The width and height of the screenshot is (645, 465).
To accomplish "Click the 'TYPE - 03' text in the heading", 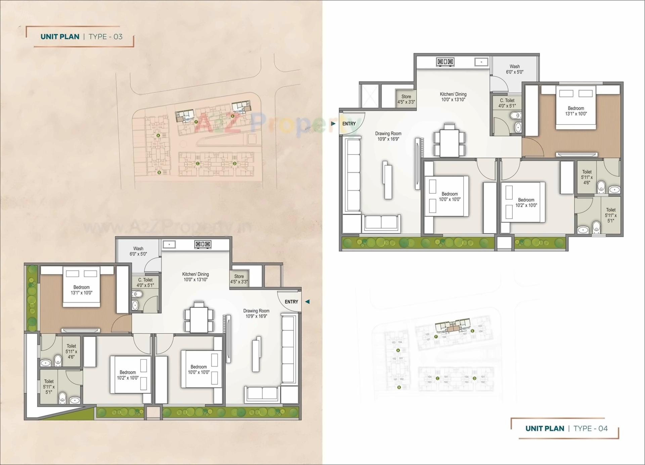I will tap(105, 37).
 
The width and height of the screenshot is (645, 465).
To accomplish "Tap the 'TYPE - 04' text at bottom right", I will tap(591, 428).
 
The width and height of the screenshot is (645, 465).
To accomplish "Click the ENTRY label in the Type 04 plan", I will tap(349, 124).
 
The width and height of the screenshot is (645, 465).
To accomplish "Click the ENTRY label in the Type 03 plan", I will tap(291, 302).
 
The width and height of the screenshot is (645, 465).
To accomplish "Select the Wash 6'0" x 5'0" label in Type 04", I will tap(514, 69).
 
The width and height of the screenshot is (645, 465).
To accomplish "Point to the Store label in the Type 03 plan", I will tap(239, 279).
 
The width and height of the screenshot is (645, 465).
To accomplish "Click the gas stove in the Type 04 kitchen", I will tap(445, 62).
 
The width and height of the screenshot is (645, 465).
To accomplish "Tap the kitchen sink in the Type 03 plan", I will tap(169, 244).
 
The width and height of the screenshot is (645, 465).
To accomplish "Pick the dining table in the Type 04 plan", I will tap(449, 141).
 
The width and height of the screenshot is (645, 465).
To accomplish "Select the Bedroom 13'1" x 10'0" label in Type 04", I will tap(576, 111).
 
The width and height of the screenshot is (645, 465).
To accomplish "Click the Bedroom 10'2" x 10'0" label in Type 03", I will tap(128, 375).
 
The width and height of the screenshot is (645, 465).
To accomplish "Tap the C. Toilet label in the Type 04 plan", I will tap(507, 103).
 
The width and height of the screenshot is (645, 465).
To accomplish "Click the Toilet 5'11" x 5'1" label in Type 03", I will tap(49, 386).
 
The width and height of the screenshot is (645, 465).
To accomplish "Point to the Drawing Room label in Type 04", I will tap(388, 136).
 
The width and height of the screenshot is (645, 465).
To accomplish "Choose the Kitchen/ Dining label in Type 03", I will tap(196, 277).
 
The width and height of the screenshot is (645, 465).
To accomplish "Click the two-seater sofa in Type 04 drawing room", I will tap(381, 223).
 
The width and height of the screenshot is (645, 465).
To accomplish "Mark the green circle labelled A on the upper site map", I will tap(158, 135).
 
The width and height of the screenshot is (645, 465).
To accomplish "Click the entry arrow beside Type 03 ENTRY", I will tap(307, 302).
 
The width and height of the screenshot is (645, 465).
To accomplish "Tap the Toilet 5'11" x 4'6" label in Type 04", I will tap(587, 177).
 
